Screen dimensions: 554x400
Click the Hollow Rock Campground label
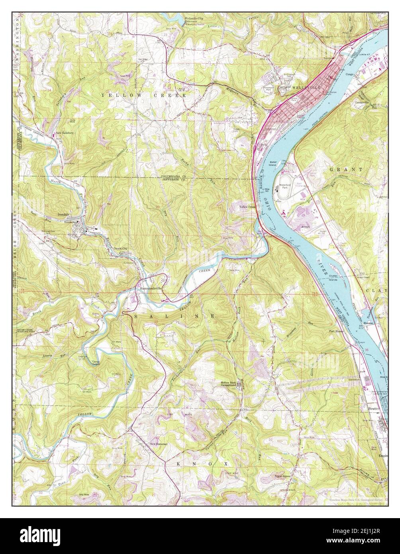click(231, 384)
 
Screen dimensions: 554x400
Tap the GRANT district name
click(345, 169)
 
